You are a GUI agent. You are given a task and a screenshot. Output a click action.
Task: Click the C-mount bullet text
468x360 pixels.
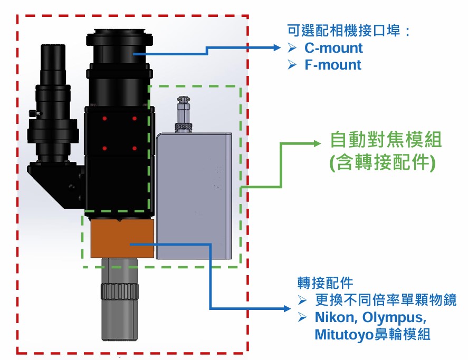pyautogui.click(x=333, y=48)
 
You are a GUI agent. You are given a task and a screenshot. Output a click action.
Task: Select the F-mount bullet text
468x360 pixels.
pyautogui.click(x=332, y=65)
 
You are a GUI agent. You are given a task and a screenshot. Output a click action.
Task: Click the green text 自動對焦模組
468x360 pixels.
pyautogui.click(x=386, y=140)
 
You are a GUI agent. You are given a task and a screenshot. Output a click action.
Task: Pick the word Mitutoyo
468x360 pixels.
pyautogui.click(x=340, y=335)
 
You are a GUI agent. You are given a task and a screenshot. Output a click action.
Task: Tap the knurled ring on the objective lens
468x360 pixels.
pyautogui.click(x=120, y=291)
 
